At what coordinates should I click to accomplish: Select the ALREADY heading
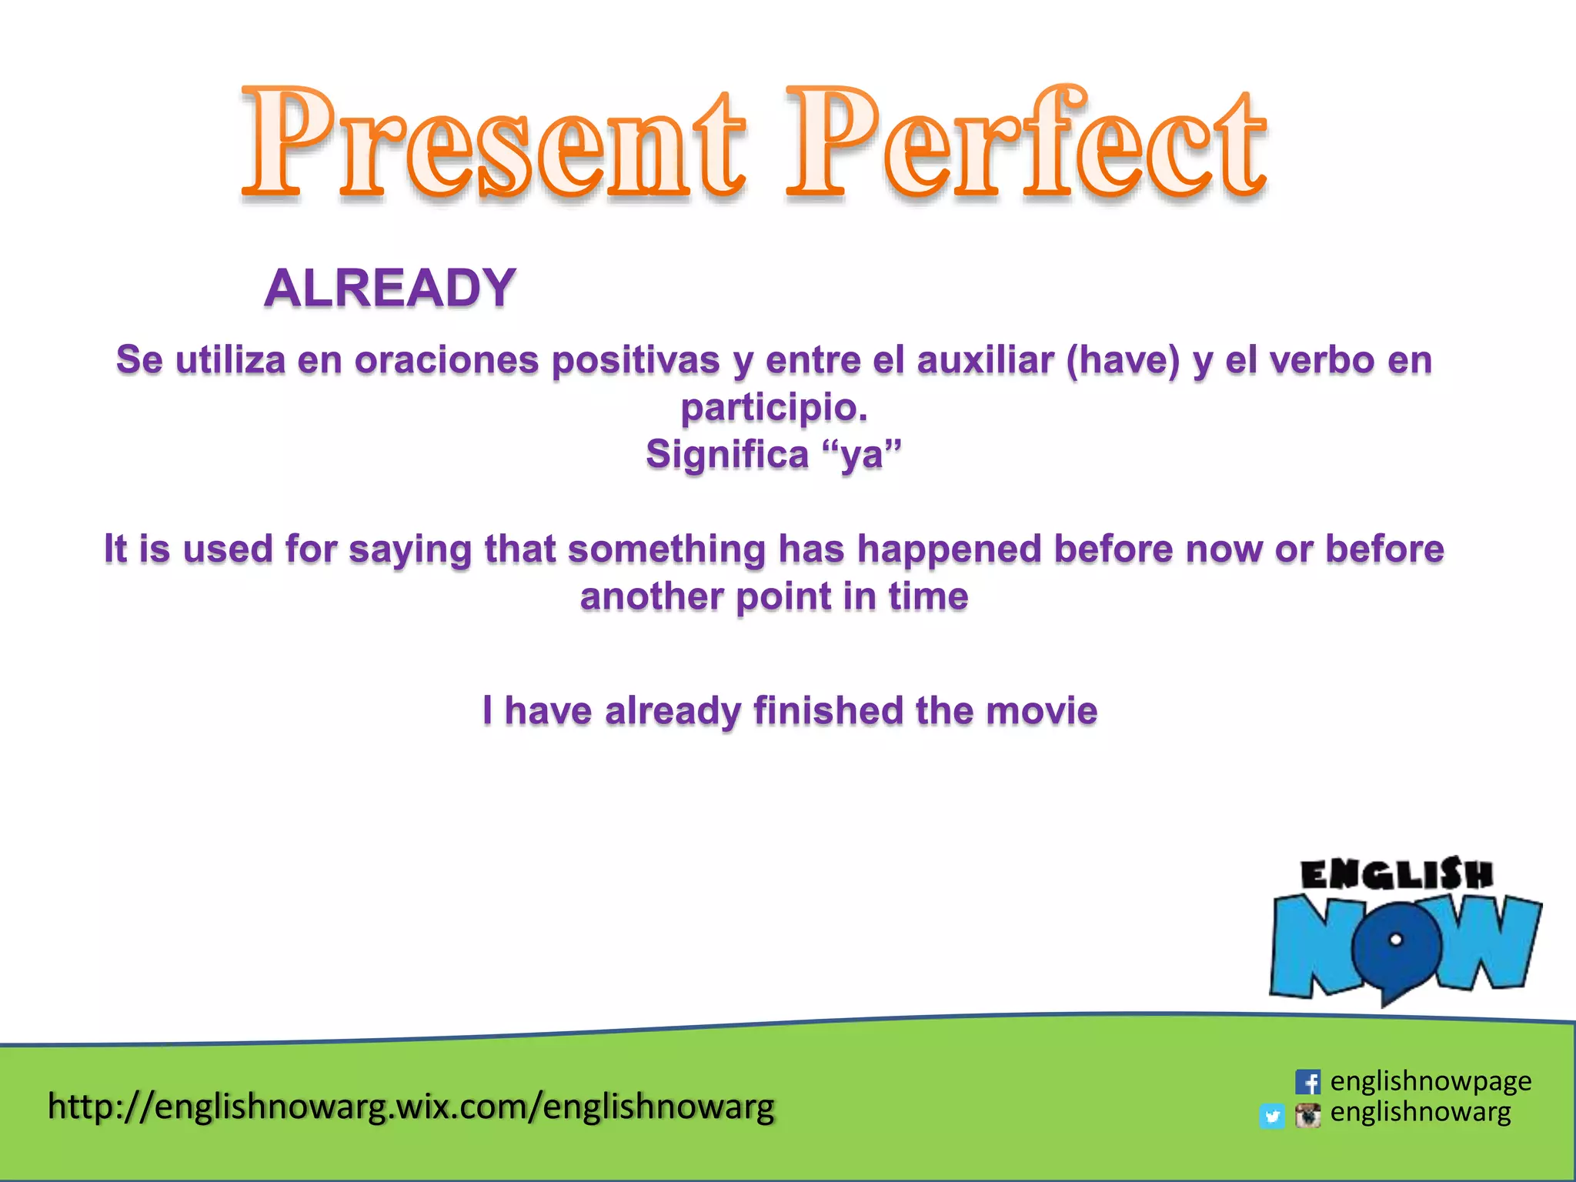[389, 289]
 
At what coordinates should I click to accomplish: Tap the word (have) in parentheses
[1124, 360]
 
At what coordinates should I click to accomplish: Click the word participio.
[773, 408]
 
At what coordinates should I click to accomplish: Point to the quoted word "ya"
[861, 454]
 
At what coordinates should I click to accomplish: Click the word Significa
[726, 454]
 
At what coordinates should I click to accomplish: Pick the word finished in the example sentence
[828, 710]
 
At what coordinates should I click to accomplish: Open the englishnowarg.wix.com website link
[411, 1107]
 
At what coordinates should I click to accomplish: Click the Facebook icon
[1307, 1082]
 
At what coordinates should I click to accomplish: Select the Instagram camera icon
[1307, 1114]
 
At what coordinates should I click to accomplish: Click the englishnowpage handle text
[1431, 1081]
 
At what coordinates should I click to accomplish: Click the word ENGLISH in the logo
[1397, 876]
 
